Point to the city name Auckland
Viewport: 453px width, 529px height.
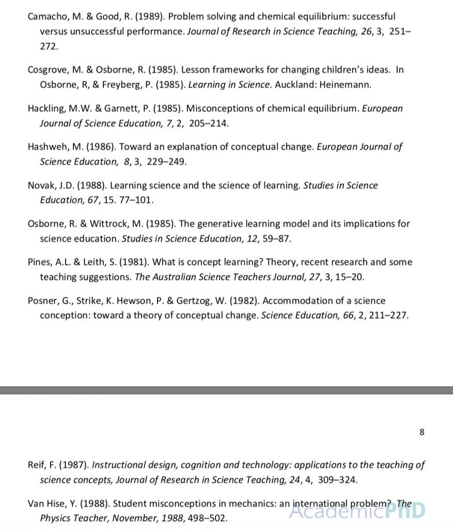coord(293,85)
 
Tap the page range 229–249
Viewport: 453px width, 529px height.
coord(166,162)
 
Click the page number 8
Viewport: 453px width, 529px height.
coord(422,432)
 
